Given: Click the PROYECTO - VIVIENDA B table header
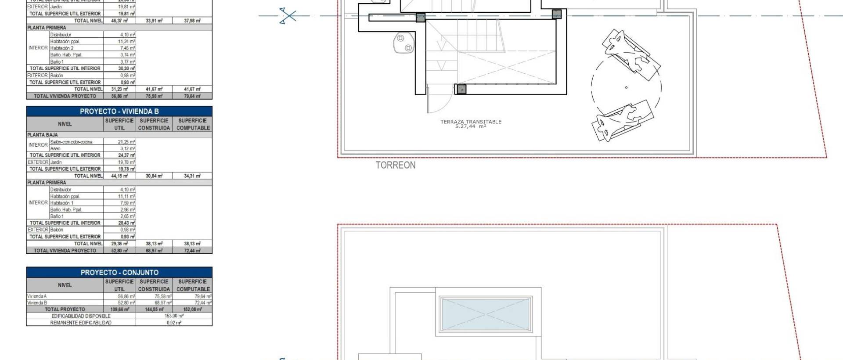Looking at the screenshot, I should click(x=119, y=112).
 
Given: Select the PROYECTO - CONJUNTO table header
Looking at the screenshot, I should click(x=119, y=273).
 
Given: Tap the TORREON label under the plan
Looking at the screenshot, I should click(x=395, y=166).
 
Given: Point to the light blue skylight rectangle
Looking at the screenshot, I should click(x=486, y=314).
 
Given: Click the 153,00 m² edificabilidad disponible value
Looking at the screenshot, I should click(x=174, y=316).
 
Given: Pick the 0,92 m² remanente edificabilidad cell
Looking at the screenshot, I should click(x=174, y=323).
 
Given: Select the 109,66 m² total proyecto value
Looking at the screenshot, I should click(x=119, y=310).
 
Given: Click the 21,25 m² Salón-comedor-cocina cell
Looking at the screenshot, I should click(x=126, y=142).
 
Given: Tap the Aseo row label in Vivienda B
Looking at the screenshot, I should click(x=55, y=148).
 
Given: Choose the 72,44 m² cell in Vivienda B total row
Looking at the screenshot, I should click(x=192, y=251).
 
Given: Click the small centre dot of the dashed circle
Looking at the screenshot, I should click(x=626, y=87).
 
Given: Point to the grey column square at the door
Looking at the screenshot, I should click(x=461, y=90).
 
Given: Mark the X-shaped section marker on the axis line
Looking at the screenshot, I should click(x=288, y=16).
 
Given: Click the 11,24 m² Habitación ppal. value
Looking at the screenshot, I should click(x=126, y=41).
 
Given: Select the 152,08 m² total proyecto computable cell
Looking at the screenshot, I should click(x=192, y=310).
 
